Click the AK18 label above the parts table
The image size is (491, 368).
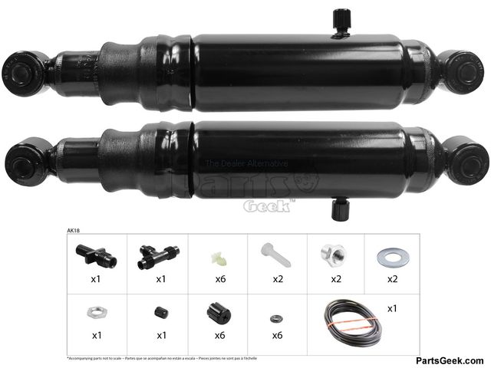[74, 229]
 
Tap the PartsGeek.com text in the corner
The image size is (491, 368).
[450, 360]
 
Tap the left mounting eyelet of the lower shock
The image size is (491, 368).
[18, 159]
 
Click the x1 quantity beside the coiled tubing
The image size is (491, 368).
[393, 308]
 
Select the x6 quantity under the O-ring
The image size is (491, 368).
[278, 336]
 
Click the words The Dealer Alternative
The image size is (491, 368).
[245, 163]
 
